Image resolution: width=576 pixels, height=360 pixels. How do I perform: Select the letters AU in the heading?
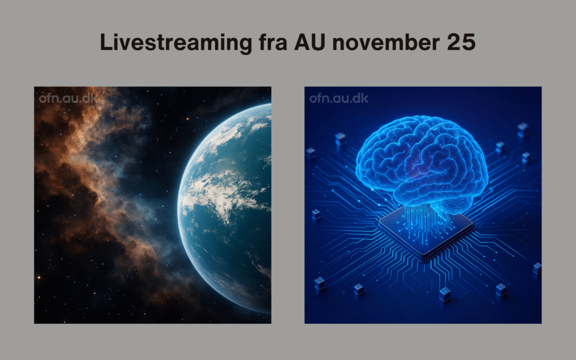pyautogui.click(x=310, y=42)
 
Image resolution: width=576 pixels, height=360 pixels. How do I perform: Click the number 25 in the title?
pyautogui.click(x=461, y=42)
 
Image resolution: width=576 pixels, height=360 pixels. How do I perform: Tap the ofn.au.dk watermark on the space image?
pyautogui.click(x=68, y=99)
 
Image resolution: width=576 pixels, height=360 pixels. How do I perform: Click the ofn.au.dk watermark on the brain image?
pyautogui.click(x=339, y=99)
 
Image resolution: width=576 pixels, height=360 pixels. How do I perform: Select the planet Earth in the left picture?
pyautogui.click(x=225, y=207)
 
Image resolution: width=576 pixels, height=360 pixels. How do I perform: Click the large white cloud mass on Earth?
pyautogui.click(x=220, y=195)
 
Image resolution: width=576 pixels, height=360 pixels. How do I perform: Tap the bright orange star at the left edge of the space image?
pyautogui.click(x=38, y=277)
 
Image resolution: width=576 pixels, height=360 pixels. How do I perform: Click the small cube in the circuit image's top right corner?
pyautogui.click(x=523, y=130)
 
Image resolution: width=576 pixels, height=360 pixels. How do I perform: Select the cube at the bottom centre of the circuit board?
pyautogui.click(x=445, y=294)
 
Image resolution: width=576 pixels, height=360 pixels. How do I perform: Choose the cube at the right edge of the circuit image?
pyautogui.click(x=537, y=268)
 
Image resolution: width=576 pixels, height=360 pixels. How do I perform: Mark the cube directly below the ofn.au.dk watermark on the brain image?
pyautogui.click(x=340, y=139)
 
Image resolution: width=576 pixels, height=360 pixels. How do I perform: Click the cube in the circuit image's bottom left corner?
pyautogui.click(x=319, y=284)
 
